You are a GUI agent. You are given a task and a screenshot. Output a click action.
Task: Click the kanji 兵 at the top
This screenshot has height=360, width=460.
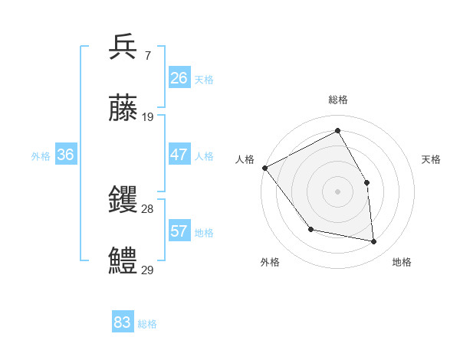(123, 47)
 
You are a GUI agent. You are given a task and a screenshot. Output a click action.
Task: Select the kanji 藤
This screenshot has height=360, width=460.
(123, 110)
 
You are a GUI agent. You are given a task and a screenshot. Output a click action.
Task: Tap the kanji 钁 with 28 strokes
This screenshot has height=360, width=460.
(123, 201)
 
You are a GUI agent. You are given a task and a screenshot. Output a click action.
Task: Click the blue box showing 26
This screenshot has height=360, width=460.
(179, 78)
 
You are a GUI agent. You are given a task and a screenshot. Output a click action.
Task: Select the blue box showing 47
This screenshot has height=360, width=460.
(179, 155)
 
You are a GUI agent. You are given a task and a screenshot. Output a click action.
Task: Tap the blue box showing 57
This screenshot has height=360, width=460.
(179, 231)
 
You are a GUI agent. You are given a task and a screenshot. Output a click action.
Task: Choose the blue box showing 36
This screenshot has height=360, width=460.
(66, 155)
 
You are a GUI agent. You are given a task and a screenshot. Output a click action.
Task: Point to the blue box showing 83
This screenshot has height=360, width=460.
(123, 322)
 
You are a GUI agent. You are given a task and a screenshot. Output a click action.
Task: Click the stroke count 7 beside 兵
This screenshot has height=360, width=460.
(147, 56)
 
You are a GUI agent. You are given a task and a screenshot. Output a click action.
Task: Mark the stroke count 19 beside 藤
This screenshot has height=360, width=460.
(148, 117)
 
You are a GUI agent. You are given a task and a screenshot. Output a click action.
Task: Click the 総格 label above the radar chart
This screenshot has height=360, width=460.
(338, 100)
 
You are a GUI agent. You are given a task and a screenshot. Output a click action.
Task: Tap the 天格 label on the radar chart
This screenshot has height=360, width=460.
(432, 159)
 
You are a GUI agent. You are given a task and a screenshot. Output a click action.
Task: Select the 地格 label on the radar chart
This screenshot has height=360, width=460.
(402, 262)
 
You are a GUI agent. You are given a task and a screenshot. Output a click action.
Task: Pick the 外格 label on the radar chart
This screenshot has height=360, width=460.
(270, 262)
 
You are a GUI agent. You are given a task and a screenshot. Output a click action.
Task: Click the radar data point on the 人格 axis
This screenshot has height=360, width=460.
(264, 168)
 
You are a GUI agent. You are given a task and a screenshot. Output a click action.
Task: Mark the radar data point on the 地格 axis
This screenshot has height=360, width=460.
(374, 242)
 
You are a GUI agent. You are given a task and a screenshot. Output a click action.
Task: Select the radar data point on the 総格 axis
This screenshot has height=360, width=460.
(338, 130)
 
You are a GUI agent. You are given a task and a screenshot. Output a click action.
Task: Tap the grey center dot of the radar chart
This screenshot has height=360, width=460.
(338, 191)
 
